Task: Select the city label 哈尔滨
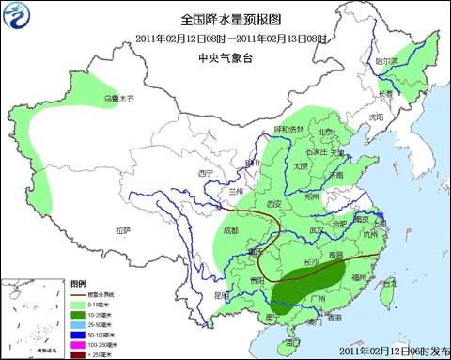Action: click(386, 62)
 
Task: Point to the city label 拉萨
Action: click(123, 229)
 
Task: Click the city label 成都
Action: click(231, 229)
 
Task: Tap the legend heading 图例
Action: click(77, 282)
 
